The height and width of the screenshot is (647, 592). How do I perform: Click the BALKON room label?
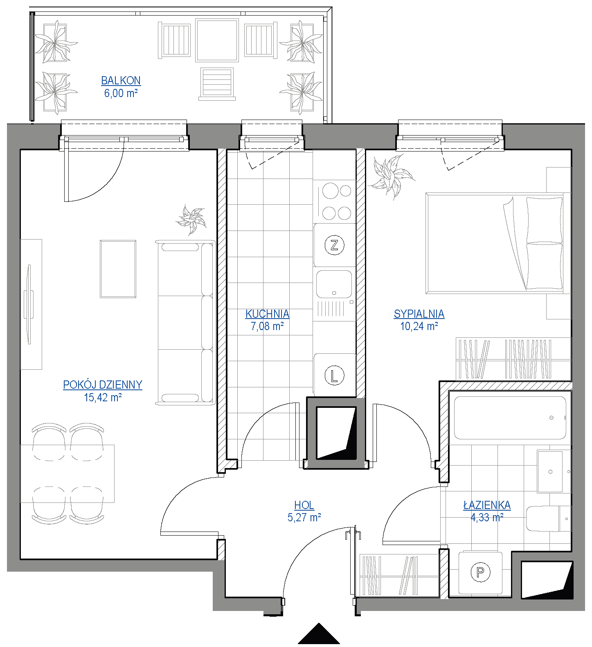(121, 80)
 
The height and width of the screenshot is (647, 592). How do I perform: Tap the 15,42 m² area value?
(103, 397)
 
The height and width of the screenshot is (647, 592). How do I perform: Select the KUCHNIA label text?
(267, 314)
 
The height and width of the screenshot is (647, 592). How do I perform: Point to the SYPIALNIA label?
(419, 314)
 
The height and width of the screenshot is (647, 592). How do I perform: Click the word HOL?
(304, 505)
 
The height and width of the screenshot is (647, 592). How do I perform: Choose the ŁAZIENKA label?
(487, 505)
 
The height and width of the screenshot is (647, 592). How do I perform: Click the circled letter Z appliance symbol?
(334, 245)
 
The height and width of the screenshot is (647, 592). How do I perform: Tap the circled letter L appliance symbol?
(334, 376)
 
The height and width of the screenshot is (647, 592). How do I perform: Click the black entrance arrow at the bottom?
(319, 634)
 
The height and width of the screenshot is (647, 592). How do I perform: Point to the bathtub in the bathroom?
(510, 418)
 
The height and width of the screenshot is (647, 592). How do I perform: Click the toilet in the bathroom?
(548, 518)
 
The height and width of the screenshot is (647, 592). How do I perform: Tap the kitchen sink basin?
(334, 283)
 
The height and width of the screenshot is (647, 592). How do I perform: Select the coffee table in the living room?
(118, 269)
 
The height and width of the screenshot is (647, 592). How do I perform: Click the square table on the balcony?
(217, 40)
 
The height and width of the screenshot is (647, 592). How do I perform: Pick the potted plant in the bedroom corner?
(391, 177)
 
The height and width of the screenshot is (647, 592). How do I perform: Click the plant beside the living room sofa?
(191, 220)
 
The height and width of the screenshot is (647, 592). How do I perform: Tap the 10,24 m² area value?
(419, 326)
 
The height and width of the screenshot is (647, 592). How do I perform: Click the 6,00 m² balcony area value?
(121, 93)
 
